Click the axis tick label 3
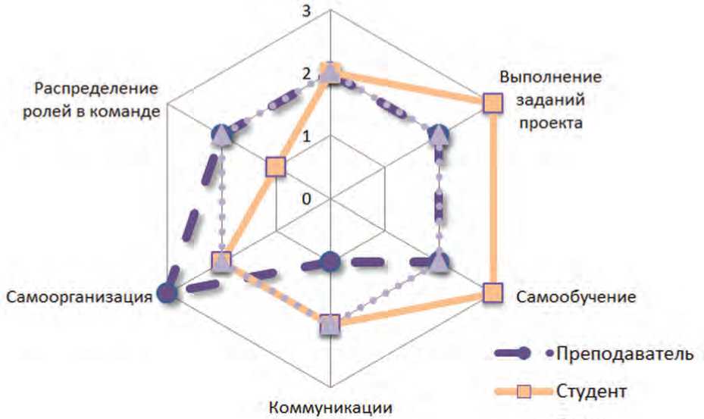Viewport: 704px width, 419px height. point(306,12)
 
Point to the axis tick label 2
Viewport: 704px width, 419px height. point(306,74)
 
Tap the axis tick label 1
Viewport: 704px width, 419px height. point(306,137)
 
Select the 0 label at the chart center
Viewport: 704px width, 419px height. point(306,199)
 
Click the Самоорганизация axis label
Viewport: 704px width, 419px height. point(78,295)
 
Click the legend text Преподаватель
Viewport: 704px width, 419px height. point(624,354)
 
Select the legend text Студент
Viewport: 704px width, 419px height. point(590,392)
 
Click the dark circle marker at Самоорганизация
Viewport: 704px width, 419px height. point(167,293)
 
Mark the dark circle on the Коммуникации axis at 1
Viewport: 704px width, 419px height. point(329,261)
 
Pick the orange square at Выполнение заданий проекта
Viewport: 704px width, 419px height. point(492,104)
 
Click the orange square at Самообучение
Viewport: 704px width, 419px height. point(492,292)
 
